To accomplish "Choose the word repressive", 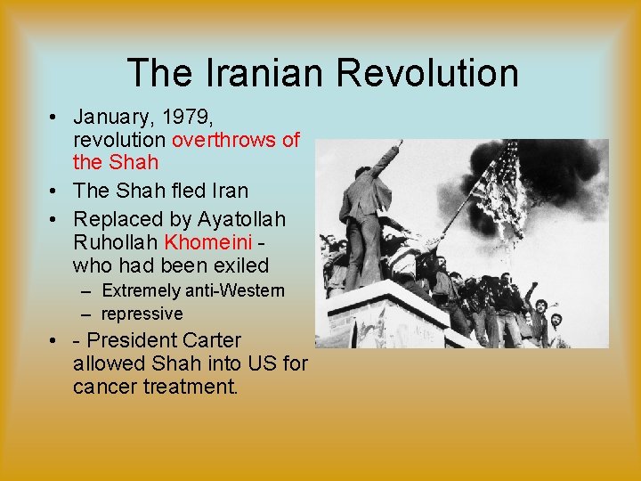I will [x=142, y=314].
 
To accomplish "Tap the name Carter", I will [x=211, y=340].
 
